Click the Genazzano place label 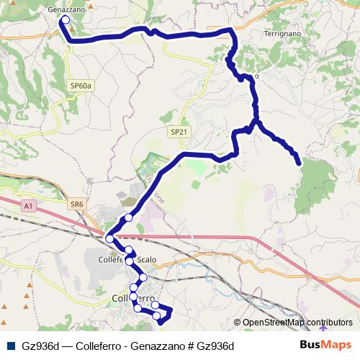click(66, 10)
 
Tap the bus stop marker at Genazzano click(66, 20)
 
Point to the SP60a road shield click(81, 86)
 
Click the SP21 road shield click(179, 132)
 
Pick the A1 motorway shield click(28, 207)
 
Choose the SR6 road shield click(77, 204)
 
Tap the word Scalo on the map click(145, 259)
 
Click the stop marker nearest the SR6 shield click(128, 217)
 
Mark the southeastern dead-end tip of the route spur click(299, 164)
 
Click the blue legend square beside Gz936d click(10, 346)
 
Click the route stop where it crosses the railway click(109, 238)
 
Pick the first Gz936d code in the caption click(40, 346)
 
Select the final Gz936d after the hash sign click(215, 346)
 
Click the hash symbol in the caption click(189, 346)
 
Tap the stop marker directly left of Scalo click(129, 251)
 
